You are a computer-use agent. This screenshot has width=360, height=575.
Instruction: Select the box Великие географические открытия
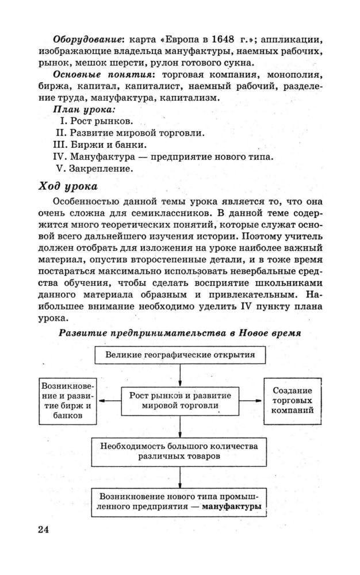[x=180, y=354]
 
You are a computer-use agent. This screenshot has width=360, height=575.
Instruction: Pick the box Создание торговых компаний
[x=292, y=400]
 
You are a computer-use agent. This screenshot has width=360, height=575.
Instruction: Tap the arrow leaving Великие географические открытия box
[x=180, y=374]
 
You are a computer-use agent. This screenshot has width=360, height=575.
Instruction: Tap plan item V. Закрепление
[x=94, y=168]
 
